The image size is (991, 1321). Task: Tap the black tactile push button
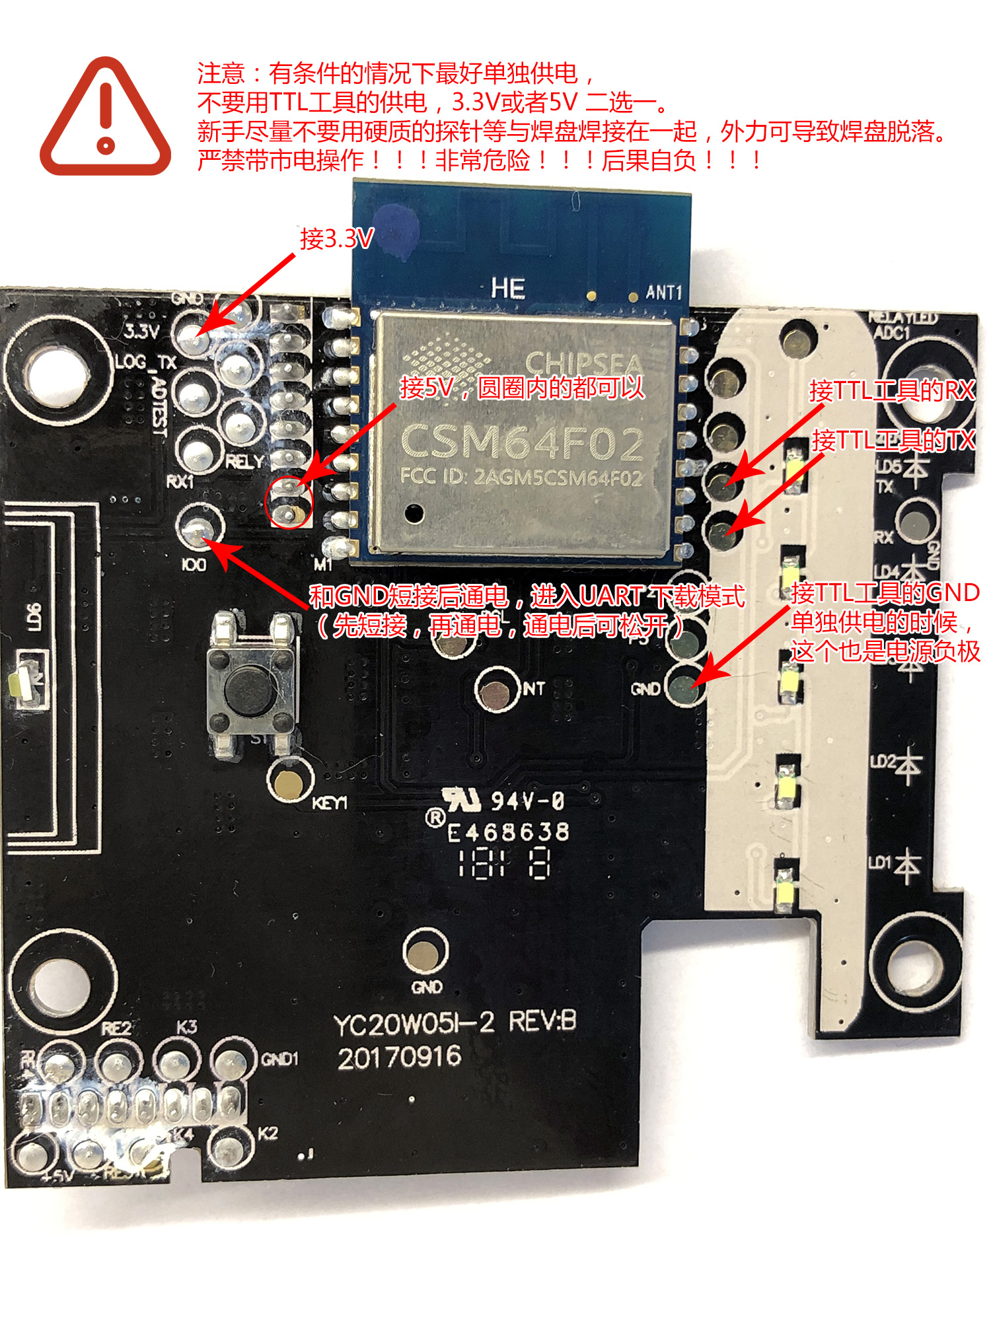(250, 687)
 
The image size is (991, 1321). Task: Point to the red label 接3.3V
(337, 239)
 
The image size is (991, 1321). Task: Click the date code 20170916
(399, 1058)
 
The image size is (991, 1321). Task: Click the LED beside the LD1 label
(786, 888)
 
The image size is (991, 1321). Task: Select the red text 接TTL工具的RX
(892, 390)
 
